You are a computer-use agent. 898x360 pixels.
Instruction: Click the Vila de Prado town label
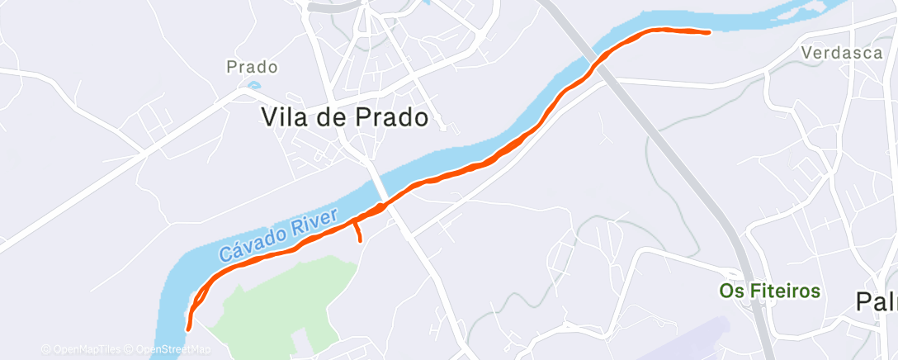344,117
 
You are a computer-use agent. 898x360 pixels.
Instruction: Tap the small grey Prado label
252,67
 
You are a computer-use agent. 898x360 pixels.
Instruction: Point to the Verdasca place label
842,53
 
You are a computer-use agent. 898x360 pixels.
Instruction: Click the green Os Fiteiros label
769,291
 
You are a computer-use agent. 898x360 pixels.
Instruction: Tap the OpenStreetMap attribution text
173,349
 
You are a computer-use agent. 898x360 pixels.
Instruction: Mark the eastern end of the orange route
709,32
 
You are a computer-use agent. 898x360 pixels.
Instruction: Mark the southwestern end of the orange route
189,328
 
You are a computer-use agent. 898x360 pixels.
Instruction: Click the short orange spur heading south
358,231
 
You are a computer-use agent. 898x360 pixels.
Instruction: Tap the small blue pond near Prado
253,84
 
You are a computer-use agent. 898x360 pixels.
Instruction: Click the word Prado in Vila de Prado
382,117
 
